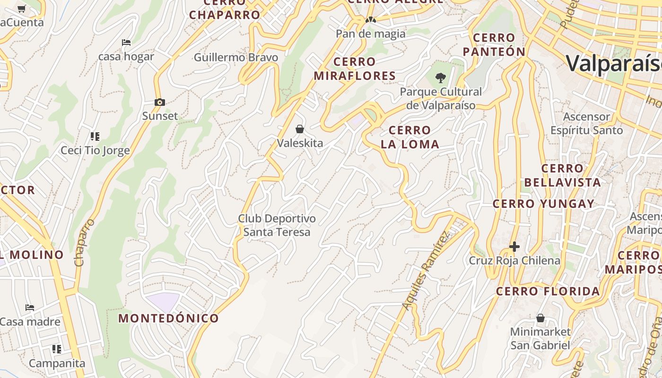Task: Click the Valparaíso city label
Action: click(614, 63)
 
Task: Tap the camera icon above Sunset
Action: click(160, 102)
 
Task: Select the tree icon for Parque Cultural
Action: click(441, 78)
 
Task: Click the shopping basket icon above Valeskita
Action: click(299, 129)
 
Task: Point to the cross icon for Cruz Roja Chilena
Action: click(514, 247)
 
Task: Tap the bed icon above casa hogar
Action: click(126, 43)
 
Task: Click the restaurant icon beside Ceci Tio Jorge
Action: click(95, 137)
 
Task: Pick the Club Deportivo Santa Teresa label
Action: click(277, 225)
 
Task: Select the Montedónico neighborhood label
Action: click(169, 318)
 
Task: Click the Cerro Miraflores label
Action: click(355, 69)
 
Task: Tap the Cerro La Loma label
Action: click(410, 137)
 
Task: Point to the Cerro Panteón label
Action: click(494, 44)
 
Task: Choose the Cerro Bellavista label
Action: click(562, 175)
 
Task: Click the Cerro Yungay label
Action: click(543, 204)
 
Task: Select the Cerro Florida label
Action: click(548, 291)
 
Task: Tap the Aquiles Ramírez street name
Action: click(426, 270)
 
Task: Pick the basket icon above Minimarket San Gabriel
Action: click(540, 318)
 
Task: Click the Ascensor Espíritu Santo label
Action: click(587, 123)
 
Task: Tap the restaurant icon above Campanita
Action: click(57, 349)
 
